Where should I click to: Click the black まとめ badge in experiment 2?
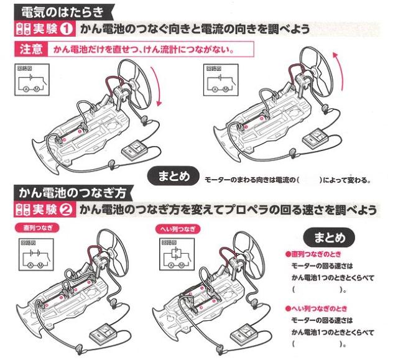(x=327, y=237)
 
